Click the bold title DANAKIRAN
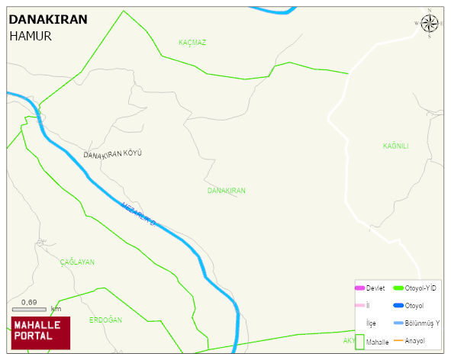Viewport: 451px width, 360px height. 47,20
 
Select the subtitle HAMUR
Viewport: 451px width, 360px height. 31,36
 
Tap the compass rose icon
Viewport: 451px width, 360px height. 430,23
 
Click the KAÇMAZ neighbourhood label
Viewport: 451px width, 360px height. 192,42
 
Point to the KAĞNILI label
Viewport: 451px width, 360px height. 395,146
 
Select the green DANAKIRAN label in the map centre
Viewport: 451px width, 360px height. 226,190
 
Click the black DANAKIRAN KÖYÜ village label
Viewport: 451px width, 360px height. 112,154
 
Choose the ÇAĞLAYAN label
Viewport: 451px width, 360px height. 77,262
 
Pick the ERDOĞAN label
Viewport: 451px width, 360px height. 105,320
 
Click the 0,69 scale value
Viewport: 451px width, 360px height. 29,302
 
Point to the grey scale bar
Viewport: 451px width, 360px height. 30,309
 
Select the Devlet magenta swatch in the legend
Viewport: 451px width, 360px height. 359,288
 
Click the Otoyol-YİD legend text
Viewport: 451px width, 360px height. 420,288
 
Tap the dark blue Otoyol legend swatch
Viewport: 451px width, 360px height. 398,306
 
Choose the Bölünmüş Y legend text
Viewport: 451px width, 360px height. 423,323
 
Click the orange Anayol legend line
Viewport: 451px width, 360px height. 398,340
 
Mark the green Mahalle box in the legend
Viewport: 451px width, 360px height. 359,342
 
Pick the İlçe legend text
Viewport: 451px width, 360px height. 372,323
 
